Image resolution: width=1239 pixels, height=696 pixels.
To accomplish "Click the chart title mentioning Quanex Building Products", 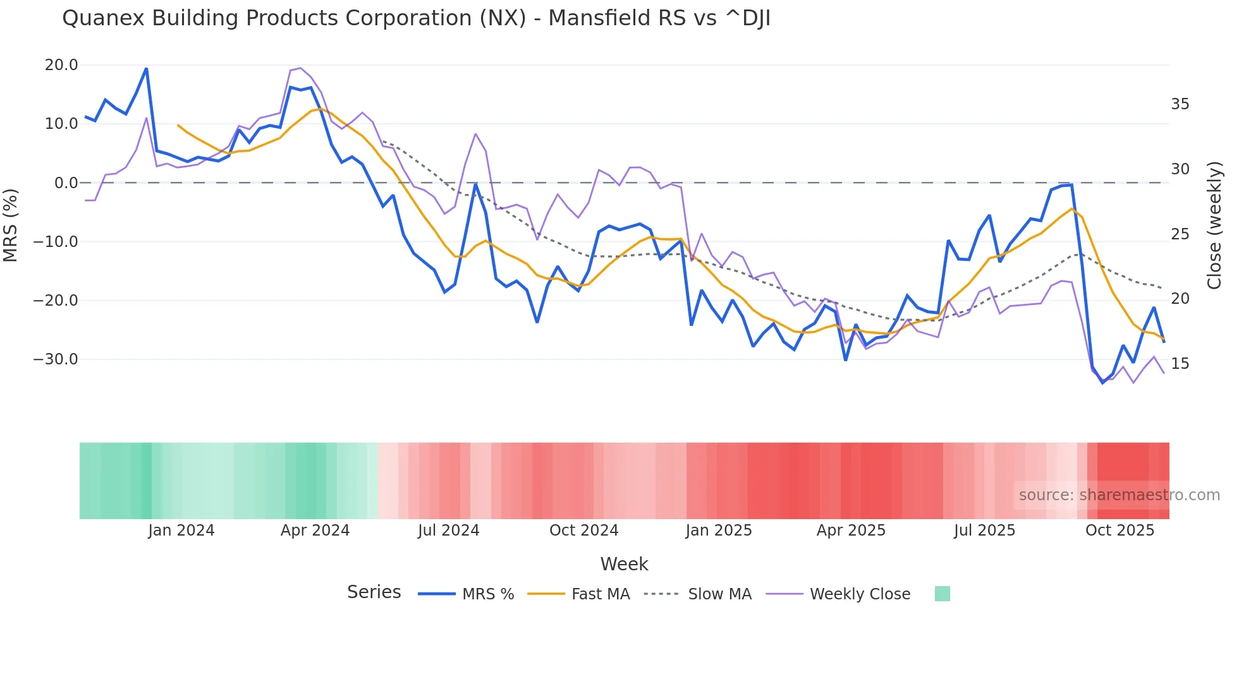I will [416, 18].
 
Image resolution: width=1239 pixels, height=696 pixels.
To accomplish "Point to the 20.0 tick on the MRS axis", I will [61, 65].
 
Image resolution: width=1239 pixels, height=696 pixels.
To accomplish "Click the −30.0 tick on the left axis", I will [56, 359].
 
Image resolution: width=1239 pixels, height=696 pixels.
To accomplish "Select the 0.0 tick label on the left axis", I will [66, 183].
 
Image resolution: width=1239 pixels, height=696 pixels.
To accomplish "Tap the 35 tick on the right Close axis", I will [1180, 104].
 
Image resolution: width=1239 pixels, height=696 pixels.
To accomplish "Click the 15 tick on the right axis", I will [1180, 364].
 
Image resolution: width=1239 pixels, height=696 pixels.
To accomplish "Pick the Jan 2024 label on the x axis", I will [181, 531].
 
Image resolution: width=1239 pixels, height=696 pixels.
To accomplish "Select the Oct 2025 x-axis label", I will [1120, 531].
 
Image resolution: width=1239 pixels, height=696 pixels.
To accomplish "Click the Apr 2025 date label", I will [851, 531].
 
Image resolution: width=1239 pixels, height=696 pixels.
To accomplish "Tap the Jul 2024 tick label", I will [448, 531].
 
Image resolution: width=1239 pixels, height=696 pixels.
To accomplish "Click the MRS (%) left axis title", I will [11, 225].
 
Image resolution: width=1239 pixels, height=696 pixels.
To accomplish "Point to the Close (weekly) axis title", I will [1214, 225].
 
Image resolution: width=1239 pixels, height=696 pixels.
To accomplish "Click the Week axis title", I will [624, 564].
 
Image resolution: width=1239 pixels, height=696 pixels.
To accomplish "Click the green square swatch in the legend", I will [942, 594].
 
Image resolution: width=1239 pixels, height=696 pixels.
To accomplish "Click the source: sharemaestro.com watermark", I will [1119, 495].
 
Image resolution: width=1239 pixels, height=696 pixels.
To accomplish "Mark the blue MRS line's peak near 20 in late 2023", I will [146, 68].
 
